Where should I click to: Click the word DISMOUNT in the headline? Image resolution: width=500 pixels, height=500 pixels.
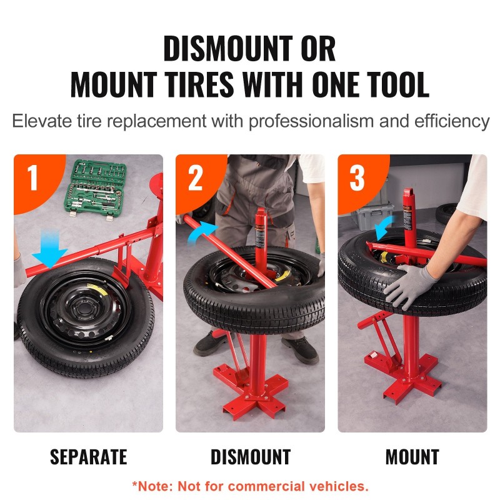[228, 48]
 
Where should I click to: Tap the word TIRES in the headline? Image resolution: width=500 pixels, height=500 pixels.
[200, 84]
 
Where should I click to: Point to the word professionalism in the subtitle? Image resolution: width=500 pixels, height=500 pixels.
[311, 122]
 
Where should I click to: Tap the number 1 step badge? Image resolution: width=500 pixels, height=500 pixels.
[34, 178]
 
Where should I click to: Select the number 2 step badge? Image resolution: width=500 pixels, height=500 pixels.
[195, 178]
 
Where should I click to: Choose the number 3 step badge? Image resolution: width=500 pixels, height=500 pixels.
[357, 178]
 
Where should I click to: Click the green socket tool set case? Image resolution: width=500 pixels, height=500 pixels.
[95, 189]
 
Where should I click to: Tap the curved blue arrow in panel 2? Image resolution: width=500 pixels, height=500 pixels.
[201, 232]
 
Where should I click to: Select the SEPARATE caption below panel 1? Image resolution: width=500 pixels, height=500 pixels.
[89, 457]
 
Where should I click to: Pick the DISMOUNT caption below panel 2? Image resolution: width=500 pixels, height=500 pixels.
[251, 457]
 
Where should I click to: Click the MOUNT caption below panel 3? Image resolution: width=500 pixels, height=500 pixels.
[412, 457]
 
